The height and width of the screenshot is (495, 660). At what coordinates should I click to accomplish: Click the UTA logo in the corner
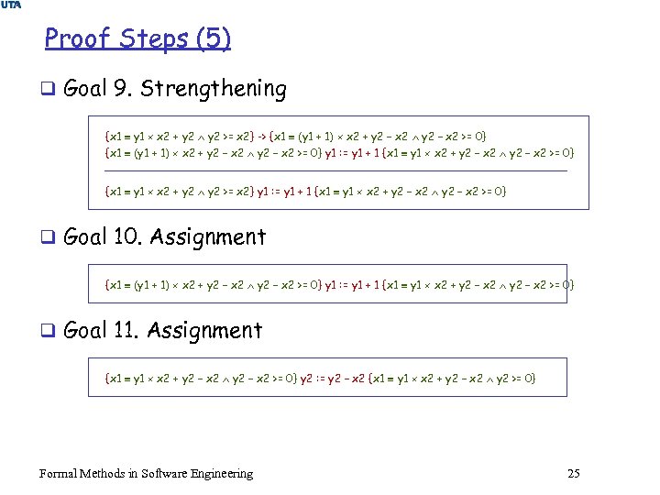[x=12, y=5]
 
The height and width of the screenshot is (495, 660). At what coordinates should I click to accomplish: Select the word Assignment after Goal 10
[x=208, y=236]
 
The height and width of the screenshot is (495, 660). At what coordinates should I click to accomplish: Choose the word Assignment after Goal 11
[x=205, y=330]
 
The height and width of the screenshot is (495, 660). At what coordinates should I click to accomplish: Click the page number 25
[x=574, y=473]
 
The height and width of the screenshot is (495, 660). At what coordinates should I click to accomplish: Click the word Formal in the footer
[x=59, y=473]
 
